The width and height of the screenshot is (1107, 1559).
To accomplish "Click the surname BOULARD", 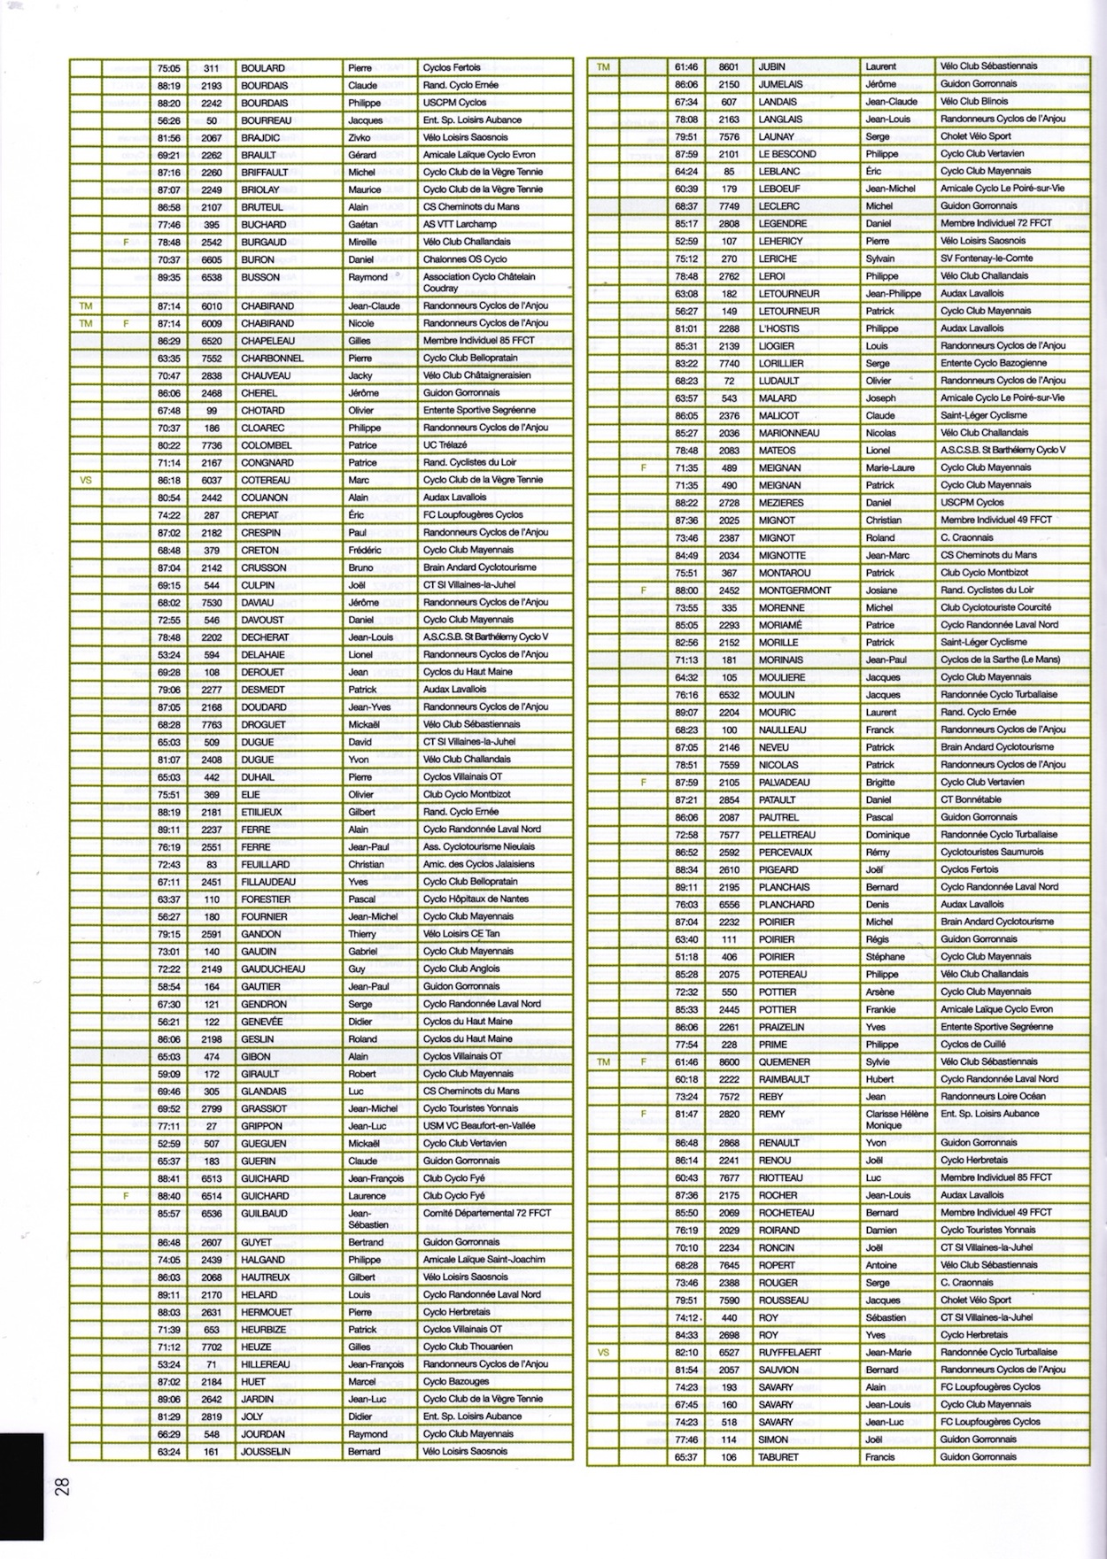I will coord(262,68).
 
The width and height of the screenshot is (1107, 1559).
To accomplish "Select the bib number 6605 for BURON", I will coord(211,259).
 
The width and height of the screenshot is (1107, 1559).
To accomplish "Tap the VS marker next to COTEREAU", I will coord(86,480).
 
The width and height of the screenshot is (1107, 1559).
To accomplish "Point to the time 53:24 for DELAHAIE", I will coord(168,654).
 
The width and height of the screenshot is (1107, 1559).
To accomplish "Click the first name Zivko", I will coord(360,138).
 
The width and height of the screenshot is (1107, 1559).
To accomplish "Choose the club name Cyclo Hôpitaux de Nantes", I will coord(476,899).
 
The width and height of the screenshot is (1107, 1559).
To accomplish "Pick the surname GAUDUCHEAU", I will coord(273,969).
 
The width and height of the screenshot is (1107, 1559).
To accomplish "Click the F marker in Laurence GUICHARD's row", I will coord(126,1196).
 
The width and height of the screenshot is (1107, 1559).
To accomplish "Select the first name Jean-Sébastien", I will coord(368,1219).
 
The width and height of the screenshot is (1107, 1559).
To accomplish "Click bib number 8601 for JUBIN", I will coord(729,66).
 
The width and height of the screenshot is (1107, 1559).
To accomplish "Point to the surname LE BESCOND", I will coord(787,154).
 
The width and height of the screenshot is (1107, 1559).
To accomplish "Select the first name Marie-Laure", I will coord(890,467).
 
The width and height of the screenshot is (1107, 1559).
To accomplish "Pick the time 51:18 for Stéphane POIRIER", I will coord(686,957).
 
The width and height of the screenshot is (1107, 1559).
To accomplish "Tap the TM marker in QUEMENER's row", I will coord(604,1061).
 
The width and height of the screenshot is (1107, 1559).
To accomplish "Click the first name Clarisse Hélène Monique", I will coord(897,1120).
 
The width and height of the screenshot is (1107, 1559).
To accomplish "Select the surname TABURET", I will coord(778,1457).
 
